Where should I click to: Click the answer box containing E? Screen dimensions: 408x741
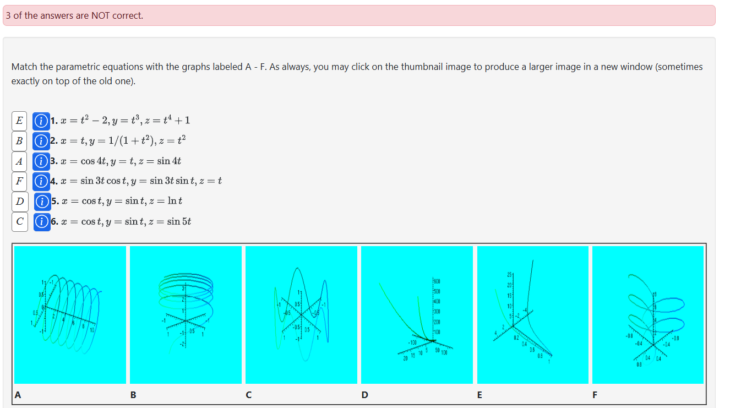click(20, 120)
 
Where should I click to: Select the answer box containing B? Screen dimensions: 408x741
click(20, 140)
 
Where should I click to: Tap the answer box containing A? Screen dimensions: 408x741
click(20, 161)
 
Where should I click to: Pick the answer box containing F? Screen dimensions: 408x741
click(20, 181)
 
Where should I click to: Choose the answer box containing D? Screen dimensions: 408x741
click(20, 201)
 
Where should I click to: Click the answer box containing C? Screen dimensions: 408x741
click(20, 221)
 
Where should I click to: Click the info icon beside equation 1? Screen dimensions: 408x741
click(40, 120)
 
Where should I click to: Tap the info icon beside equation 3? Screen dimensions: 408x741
click(40, 161)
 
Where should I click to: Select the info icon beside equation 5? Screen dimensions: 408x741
click(41, 201)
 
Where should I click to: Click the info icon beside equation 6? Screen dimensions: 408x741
click(41, 221)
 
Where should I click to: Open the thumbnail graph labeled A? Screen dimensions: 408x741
click(70, 314)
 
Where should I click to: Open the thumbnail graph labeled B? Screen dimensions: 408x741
click(186, 314)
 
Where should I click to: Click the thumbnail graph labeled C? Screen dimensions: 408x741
click(302, 314)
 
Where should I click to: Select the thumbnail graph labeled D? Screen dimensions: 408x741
click(417, 314)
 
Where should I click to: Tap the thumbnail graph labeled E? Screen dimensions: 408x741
click(533, 314)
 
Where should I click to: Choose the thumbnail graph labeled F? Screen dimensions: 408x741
click(648, 314)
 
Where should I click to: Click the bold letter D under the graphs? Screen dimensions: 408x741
click(364, 394)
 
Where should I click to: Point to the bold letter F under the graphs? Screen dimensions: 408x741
click(595, 394)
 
